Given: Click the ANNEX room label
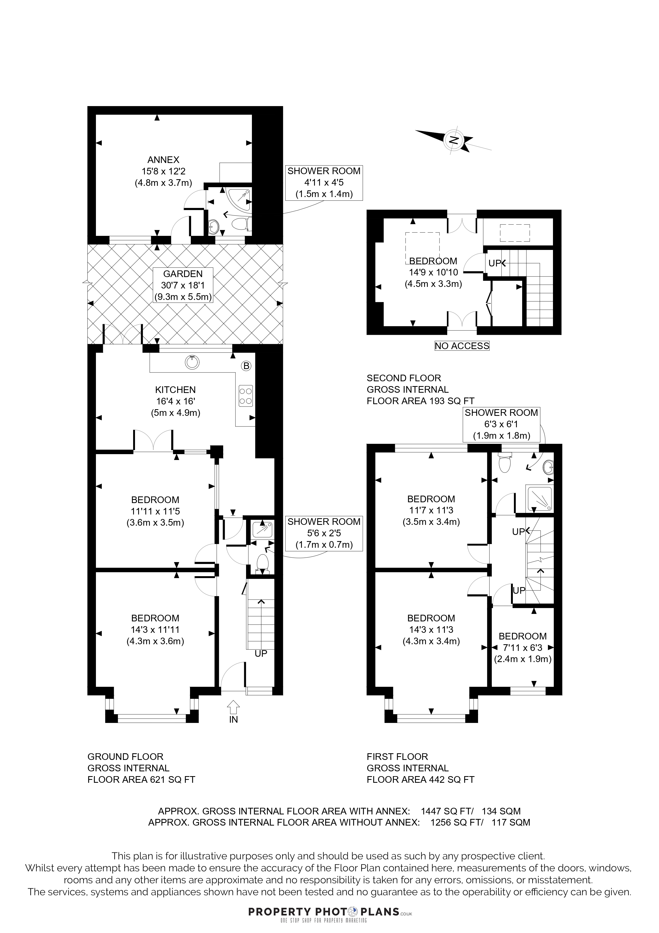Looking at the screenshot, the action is click(163, 160).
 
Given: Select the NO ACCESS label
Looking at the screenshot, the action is click(462, 346).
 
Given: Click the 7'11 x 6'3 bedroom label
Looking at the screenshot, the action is click(523, 648).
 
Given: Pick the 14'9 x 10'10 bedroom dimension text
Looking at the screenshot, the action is click(433, 273).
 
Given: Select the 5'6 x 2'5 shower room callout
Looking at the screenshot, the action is click(324, 533).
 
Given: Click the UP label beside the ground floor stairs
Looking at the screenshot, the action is click(261, 654).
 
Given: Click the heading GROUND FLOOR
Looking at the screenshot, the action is click(125, 757).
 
